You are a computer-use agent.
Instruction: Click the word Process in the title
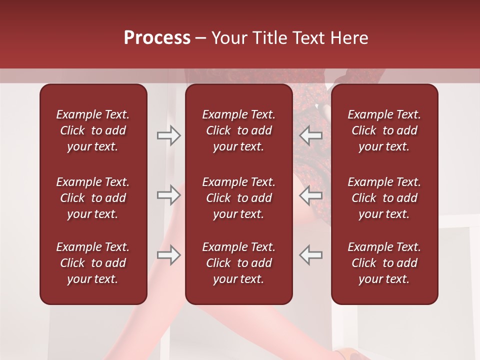click(x=157, y=38)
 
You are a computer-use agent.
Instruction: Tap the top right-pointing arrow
click(x=168, y=135)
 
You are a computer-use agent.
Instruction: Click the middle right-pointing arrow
click(x=168, y=195)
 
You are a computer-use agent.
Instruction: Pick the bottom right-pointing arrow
click(x=168, y=255)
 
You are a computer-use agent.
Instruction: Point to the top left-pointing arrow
click(x=310, y=135)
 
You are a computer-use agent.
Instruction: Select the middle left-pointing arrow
click(x=310, y=195)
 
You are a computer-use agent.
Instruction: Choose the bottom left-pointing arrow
click(x=310, y=255)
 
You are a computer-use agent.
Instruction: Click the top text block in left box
click(x=93, y=130)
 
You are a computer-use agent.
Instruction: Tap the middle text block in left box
click(x=93, y=198)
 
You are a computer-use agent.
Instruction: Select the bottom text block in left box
click(x=93, y=263)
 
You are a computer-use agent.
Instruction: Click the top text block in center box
click(x=238, y=130)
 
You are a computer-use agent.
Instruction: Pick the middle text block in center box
click(x=238, y=198)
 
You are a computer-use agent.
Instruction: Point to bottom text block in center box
click(x=238, y=263)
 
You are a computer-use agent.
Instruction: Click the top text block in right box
click(x=384, y=130)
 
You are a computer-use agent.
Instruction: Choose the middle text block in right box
click(x=384, y=198)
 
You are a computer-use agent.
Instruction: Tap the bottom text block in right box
click(x=384, y=263)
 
